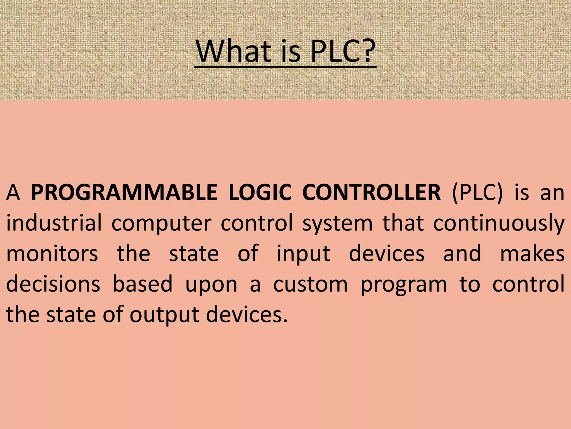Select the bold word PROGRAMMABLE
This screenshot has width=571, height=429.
tap(124, 193)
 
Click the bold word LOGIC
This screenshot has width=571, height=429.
tap(260, 193)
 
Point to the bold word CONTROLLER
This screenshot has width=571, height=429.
tap(372, 193)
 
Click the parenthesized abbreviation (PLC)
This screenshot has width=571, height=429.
tap(477, 193)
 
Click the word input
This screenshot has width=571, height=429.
tap(303, 254)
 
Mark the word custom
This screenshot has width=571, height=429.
tap(310, 284)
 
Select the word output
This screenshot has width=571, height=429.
tap(164, 315)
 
